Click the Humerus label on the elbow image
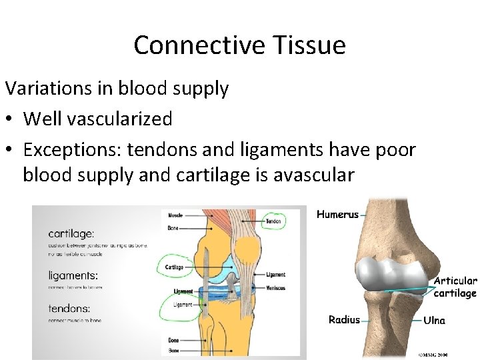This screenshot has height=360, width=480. [337, 215]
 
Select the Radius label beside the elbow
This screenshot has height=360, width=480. [344, 320]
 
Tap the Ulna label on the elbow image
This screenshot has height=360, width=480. [434, 320]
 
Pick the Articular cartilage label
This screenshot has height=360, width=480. [455, 287]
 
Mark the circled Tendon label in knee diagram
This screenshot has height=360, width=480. [273, 221]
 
